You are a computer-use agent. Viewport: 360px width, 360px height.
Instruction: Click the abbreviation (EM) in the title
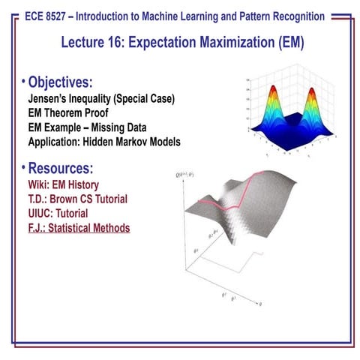point(286,43)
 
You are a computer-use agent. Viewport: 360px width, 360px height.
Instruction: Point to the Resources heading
point(68,167)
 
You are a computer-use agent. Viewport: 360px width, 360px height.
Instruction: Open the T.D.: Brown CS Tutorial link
point(76,199)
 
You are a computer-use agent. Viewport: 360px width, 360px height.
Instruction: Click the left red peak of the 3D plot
point(271,95)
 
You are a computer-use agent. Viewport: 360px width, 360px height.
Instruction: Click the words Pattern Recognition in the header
point(281,16)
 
